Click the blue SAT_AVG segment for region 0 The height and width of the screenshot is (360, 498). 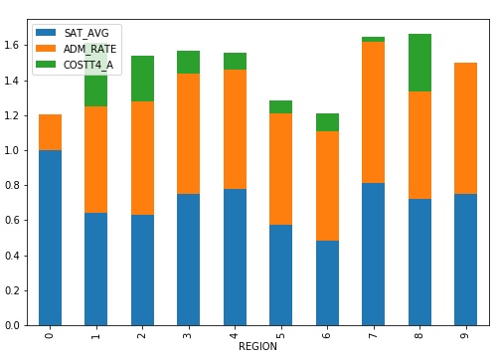[x=50, y=238]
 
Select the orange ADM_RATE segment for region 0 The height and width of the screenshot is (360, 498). [x=50, y=132]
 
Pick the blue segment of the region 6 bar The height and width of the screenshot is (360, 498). [x=328, y=282]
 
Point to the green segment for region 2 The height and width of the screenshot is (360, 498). [x=142, y=79]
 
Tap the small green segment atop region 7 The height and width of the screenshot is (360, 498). [x=374, y=39]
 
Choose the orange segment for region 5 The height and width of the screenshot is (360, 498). [x=281, y=169]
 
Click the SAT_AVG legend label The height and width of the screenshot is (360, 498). [x=88, y=33]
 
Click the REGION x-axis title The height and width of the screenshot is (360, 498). [x=257, y=347]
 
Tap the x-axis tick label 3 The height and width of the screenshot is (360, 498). [x=189, y=334]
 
